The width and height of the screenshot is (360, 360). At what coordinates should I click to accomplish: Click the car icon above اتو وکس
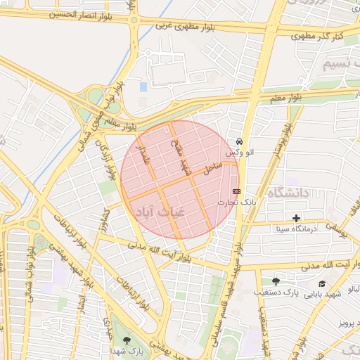point(240,141)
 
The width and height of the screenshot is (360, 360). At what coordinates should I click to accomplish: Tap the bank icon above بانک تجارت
point(236,191)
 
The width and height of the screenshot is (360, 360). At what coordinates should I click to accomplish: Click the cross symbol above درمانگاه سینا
point(296,218)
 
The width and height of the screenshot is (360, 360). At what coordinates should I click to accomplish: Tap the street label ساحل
point(213,167)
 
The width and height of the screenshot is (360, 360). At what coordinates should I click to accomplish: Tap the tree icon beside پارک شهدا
point(127,341)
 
